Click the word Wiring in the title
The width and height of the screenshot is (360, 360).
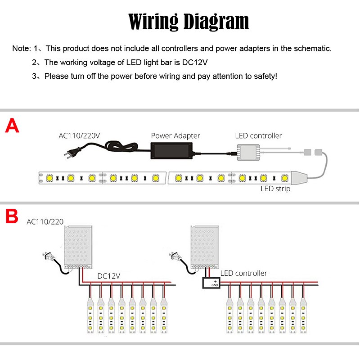(153, 22)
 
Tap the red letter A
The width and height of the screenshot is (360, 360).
(12, 126)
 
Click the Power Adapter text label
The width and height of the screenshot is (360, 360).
(175, 135)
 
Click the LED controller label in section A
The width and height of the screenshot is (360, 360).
(258, 135)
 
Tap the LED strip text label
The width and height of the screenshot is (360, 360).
(275, 189)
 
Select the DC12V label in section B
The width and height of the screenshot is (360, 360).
(109, 275)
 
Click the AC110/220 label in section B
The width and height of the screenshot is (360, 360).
(45, 221)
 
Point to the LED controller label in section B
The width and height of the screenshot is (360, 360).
(243, 273)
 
